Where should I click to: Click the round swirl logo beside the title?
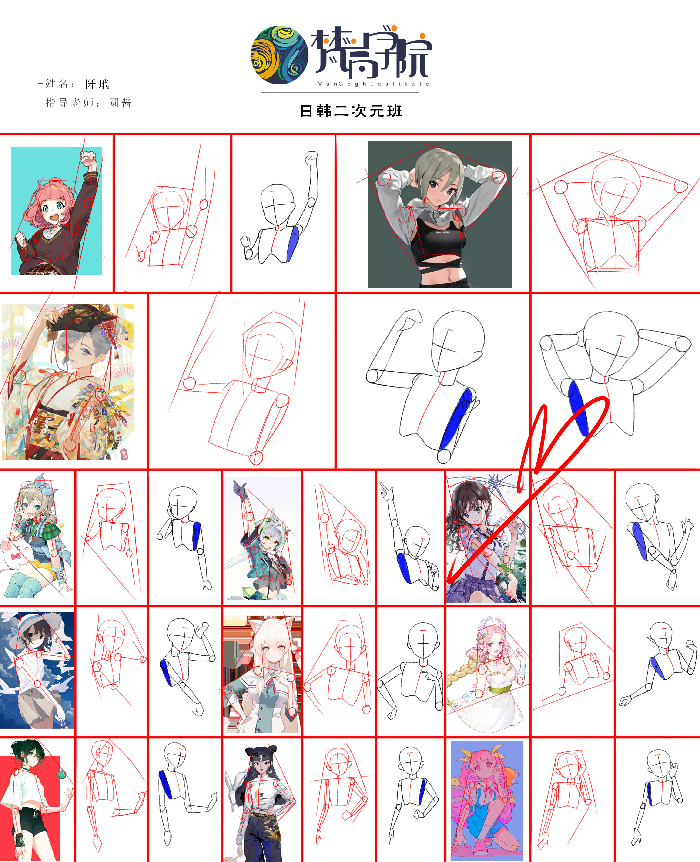point(279,55)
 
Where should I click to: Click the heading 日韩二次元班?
point(351,111)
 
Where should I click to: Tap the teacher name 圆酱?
point(120,103)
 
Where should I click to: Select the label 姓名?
point(57,84)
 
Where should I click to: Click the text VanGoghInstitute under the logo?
point(373,84)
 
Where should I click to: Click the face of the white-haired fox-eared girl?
point(273,651)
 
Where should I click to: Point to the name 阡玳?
point(97,84)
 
